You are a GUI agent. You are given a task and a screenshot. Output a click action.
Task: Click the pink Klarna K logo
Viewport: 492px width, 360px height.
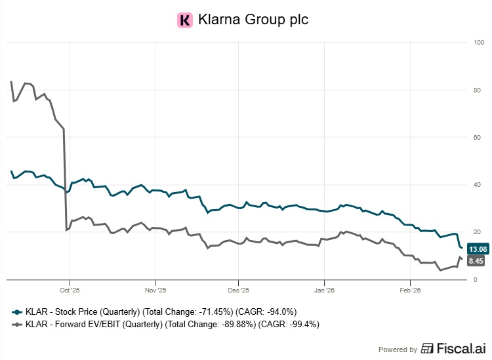[185, 20]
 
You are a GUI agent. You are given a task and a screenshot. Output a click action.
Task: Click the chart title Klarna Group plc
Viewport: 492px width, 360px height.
[253, 20]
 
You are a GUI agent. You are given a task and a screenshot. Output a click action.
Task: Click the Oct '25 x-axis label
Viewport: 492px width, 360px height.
[69, 289]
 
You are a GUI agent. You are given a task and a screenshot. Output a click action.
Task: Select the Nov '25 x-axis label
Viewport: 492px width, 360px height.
[154, 289]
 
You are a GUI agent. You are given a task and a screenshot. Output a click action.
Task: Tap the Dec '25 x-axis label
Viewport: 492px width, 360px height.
[239, 289]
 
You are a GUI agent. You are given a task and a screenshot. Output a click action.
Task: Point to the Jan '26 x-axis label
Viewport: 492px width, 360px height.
[325, 289]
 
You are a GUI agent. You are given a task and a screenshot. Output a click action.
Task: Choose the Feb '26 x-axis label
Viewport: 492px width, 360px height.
[409, 289]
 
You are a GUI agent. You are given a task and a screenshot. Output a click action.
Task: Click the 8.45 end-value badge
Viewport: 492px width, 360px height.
[476, 261]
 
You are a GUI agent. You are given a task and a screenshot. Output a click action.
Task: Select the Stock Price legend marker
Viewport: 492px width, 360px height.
[18, 311]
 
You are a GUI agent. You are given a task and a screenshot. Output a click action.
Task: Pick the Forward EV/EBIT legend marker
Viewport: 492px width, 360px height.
[18, 324]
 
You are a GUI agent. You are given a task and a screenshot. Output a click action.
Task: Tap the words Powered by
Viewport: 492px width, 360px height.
[398, 350]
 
